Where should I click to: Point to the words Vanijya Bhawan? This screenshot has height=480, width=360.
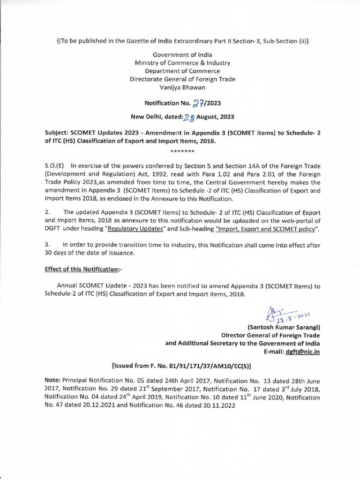tap(182, 88)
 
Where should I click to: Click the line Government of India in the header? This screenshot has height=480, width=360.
tap(182, 54)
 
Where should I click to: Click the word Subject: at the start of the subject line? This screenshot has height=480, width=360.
tap(59, 133)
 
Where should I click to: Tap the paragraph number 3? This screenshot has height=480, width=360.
tap(47, 245)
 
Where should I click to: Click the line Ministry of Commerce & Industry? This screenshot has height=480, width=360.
tap(182, 62)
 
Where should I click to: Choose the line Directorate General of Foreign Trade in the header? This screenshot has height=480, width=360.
tap(182, 79)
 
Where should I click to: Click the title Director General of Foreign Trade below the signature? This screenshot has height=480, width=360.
tap(270, 335)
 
